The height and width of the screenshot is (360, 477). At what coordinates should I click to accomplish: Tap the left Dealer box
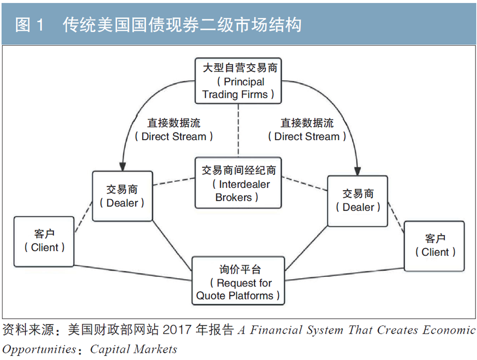coord(122,196)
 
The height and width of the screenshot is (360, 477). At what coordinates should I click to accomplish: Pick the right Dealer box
coord(358,200)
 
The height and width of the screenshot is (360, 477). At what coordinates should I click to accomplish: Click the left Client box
coord(44,241)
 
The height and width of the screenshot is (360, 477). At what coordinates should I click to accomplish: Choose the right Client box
coord(435,246)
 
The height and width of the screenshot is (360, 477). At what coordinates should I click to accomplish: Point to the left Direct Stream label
coord(174,130)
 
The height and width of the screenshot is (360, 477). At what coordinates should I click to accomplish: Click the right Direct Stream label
coord(306,130)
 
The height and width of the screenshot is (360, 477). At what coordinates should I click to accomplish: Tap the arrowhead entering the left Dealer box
coord(122,166)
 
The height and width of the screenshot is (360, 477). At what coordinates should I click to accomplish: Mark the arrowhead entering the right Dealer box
coord(357,170)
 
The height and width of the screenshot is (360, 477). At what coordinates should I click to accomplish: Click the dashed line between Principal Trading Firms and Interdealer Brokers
coord(238,129)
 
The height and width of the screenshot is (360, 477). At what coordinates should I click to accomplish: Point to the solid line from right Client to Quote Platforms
coord(344,274)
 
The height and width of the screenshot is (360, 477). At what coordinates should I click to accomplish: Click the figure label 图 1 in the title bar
coord(31,25)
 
